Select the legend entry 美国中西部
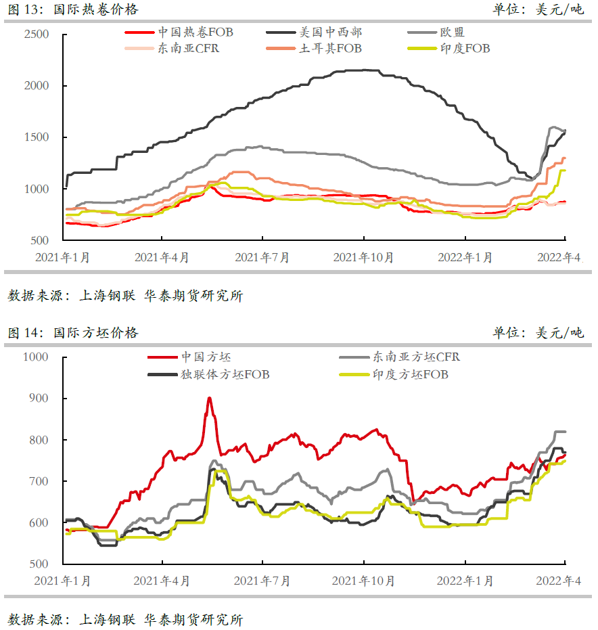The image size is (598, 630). point(331,32)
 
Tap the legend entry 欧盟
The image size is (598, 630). point(452,32)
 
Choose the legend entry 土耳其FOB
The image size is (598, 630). point(331,49)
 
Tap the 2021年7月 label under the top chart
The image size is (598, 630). point(262,258)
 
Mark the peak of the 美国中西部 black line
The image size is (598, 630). point(365,70)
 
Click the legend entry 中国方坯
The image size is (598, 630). point(206,357)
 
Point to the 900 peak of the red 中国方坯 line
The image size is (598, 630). point(209,398)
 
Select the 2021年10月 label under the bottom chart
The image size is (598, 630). point(364,581)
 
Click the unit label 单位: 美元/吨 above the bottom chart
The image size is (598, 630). point(538,333)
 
